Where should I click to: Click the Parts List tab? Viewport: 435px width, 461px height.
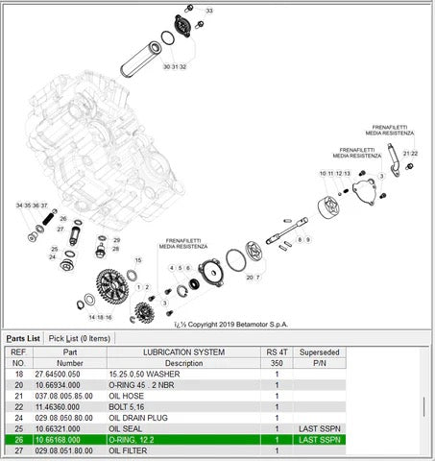23,338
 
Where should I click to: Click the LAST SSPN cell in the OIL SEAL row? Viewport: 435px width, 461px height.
317,428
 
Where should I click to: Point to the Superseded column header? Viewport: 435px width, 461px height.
317,352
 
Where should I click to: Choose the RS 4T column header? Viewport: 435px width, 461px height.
277,352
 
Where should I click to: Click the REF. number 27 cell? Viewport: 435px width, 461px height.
18,449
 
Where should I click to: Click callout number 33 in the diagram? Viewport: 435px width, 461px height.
210,10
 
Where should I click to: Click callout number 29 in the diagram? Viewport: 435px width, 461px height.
116,240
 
